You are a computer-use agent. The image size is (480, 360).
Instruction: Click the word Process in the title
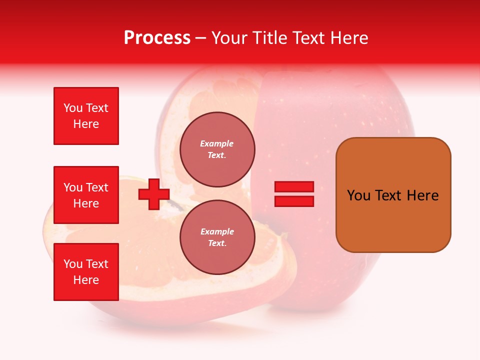pyautogui.click(x=157, y=37)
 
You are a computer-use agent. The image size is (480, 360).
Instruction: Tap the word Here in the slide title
pyautogui.click(x=347, y=37)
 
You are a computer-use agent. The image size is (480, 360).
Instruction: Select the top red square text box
pyautogui.click(x=86, y=116)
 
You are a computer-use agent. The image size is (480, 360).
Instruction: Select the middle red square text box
pyautogui.click(x=86, y=195)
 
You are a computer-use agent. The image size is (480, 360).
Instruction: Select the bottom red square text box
pyautogui.click(x=86, y=272)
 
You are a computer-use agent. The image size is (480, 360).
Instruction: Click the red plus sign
pyautogui.click(x=153, y=194)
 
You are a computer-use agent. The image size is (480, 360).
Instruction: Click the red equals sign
pyautogui.click(x=294, y=194)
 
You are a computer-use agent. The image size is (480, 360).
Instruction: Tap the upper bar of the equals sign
pyautogui.click(x=294, y=187)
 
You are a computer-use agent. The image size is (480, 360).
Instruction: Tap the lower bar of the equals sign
pyautogui.click(x=294, y=201)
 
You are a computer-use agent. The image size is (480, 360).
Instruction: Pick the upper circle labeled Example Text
pyautogui.click(x=217, y=149)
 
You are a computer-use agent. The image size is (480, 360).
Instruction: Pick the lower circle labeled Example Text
pyautogui.click(x=217, y=237)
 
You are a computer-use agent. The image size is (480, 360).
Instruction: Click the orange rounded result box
pyautogui.click(x=393, y=194)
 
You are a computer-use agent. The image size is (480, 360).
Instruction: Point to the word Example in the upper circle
pyautogui.click(x=217, y=143)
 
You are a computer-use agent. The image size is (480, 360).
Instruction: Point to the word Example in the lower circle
pyautogui.click(x=217, y=231)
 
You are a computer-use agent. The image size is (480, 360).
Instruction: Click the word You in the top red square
pyautogui.click(x=73, y=108)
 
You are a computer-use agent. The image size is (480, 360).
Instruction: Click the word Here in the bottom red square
pyautogui.click(x=86, y=280)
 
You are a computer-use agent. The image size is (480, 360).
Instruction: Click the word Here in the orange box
pyautogui.click(x=423, y=195)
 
